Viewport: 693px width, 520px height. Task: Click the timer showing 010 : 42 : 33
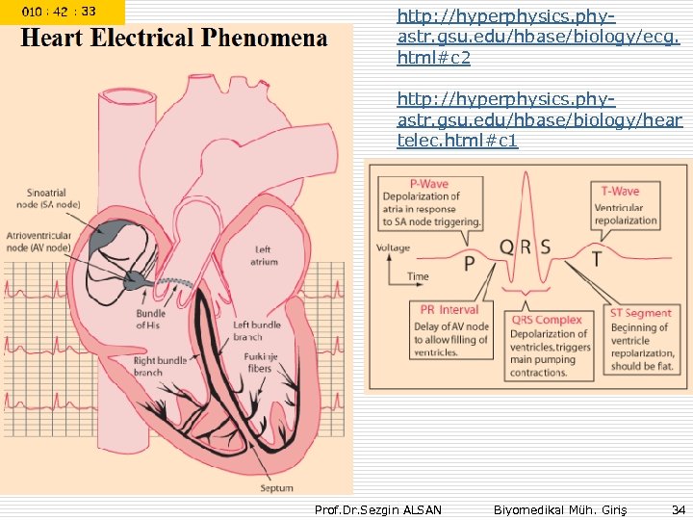pos(60,12)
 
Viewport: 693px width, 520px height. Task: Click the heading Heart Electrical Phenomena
pos(174,39)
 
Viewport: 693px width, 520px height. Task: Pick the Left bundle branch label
pos(257,330)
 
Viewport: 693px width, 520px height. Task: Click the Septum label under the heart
pos(276,488)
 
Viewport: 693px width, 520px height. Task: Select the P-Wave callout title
pos(429,183)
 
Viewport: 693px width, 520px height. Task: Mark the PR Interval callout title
pos(449,310)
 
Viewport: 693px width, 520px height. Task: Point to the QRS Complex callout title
pos(547,320)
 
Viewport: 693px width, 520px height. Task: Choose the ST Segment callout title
pos(640,313)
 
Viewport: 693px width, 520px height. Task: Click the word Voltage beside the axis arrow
pos(393,248)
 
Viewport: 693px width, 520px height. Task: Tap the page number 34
pos(677,507)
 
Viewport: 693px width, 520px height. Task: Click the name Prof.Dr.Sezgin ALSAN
pos(378,508)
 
